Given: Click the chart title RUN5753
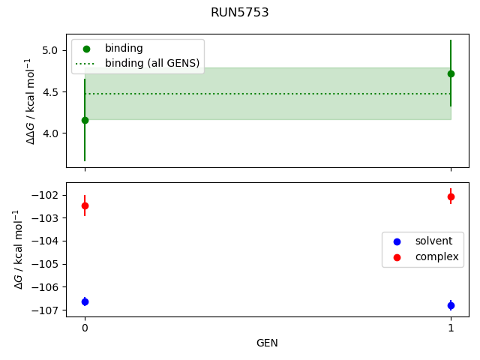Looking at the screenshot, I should [x=240, y=13].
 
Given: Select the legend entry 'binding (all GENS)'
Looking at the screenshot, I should [x=152, y=63].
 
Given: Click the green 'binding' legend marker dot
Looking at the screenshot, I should [x=86, y=49].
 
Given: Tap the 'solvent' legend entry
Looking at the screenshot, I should [x=433, y=241].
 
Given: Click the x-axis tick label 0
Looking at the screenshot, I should [x=85, y=328].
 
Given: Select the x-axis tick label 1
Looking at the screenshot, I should [x=451, y=328].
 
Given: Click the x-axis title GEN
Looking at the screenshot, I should [x=268, y=343].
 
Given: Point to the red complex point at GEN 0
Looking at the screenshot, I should [x=85, y=205].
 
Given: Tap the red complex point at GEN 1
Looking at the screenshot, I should [x=451, y=196].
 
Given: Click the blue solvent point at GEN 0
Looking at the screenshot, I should [x=85, y=301].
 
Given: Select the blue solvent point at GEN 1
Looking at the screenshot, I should [x=451, y=305].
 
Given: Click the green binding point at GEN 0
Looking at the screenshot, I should [x=85, y=120].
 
